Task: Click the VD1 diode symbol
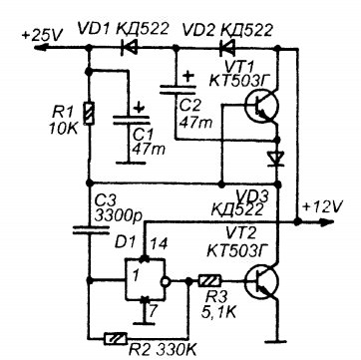(x=130, y=48)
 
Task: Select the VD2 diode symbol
(x=227, y=48)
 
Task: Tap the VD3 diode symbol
(x=277, y=159)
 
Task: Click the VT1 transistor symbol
(x=261, y=107)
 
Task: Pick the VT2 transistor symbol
(x=261, y=282)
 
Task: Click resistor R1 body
(x=89, y=114)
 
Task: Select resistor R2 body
(x=116, y=338)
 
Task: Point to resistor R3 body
(x=209, y=281)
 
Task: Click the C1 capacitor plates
(x=129, y=120)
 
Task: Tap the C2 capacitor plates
(x=177, y=89)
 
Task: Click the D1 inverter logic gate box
(x=145, y=279)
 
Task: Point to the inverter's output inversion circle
(x=166, y=281)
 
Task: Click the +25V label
(x=43, y=35)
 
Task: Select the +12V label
(x=321, y=207)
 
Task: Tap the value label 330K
(x=179, y=350)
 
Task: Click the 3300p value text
(x=119, y=216)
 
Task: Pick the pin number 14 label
(x=159, y=244)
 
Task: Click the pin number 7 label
(x=153, y=312)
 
